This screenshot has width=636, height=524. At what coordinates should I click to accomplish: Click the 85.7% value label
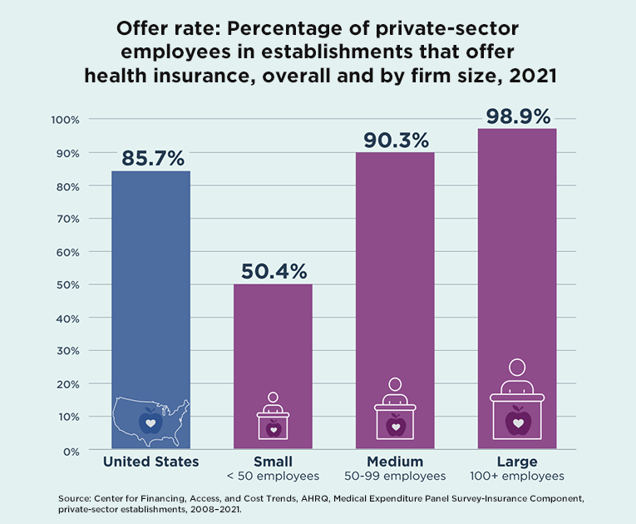coord(153,158)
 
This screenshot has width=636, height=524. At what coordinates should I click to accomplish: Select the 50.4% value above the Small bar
coord(274,271)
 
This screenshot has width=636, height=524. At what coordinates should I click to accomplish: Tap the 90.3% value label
coord(396,140)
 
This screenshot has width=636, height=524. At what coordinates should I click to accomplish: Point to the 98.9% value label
coord(518,116)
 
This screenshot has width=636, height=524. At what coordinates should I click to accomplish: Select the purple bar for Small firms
coord(274,349)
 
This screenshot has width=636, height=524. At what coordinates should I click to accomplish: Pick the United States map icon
coord(150,420)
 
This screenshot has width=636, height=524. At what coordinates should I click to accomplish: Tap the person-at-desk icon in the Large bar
coord(517,399)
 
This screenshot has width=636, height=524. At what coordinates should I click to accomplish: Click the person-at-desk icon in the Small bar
coord(274,416)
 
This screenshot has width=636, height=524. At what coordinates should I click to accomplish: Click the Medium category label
coord(395,462)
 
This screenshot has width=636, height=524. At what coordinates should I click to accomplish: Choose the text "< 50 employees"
coord(273,477)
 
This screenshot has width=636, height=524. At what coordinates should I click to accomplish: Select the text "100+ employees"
coord(518,477)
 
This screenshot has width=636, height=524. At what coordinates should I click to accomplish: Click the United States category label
coord(150,462)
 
